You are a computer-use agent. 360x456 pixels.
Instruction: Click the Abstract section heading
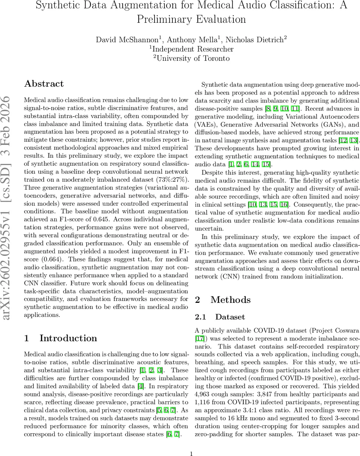(44, 84)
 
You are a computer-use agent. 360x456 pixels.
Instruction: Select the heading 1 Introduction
(60, 338)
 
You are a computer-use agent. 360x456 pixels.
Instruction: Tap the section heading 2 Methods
(223, 300)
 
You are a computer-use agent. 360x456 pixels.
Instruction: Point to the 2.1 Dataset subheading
(220, 317)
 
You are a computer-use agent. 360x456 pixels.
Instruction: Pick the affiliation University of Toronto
(191, 58)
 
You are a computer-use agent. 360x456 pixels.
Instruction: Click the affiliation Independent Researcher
(191, 49)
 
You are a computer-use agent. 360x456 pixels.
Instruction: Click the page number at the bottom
(191, 443)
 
